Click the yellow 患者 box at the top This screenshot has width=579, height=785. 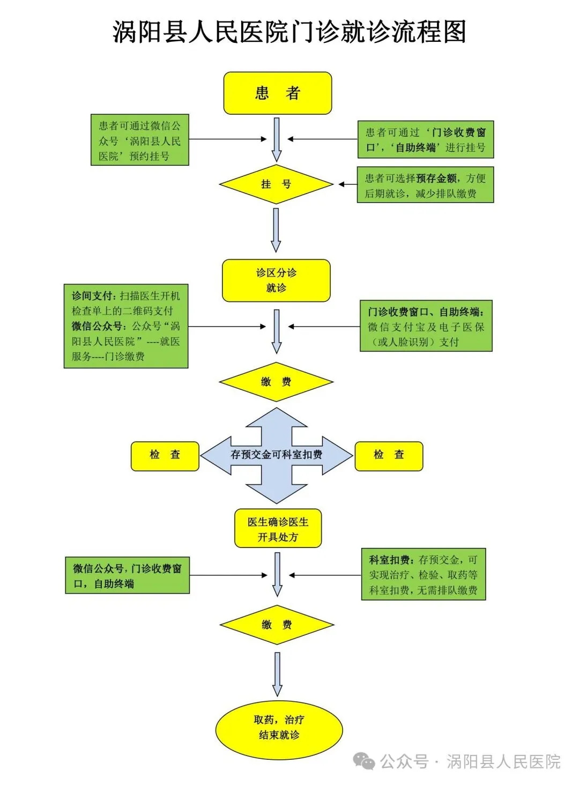[x=277, y=93]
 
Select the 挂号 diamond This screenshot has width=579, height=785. [x=276, y=184]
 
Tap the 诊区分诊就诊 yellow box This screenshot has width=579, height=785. [x=276, y=280]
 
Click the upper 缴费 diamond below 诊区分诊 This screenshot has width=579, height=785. [x=276, y=382]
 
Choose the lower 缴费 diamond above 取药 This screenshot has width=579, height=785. [x=277, y=625]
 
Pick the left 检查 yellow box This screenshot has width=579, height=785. [x=165, y=456]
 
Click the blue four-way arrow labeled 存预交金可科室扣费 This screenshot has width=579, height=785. [x=276, y=455]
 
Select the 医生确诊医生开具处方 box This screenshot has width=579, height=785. [x=278, y=529]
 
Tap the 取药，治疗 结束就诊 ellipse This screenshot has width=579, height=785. [x=279, y=728]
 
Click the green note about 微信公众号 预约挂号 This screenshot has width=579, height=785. [x=139, y=140]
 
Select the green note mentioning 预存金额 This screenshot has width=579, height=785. [x=425, y=185]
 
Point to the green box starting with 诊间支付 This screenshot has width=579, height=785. [x=126, y=326]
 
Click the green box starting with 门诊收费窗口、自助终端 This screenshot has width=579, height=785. [x=426, y=326]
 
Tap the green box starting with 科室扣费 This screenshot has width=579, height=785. [x=423, y=574]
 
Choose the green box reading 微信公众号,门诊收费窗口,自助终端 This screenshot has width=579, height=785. [x=127, y=575]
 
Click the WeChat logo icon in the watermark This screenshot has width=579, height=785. [x=365, y=761]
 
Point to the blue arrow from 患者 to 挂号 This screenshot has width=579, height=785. [x=277, y=139]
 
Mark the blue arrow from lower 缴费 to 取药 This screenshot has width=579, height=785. [x=277, y=674]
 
